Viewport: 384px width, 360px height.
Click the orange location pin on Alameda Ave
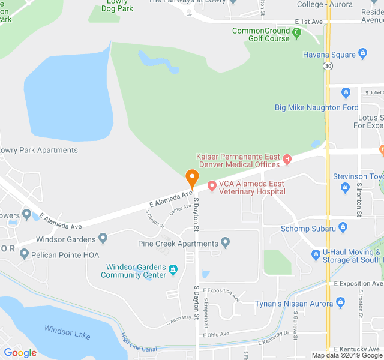click(x=192, y=178)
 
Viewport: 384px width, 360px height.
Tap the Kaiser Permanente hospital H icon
click(x=287, y=159)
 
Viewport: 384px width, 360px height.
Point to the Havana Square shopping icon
click(x=362, y=55)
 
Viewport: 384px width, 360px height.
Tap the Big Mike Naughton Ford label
click(x=316, y=107)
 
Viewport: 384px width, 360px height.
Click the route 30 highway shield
click(x=327, y=65)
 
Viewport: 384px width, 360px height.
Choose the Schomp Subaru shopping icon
click(x=343, y=227)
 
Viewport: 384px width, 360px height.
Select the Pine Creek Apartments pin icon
click(x=226, y=243)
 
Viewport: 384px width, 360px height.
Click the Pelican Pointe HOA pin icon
click(x=24, y=254)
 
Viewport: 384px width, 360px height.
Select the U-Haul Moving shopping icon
click(x=316, y=255)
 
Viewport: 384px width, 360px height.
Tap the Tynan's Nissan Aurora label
click(x=294, y=304)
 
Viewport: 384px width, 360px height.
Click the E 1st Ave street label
click(x=309, y=21)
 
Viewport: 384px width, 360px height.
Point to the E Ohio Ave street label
click(x=216, y=334)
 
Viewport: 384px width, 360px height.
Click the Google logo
click(x=20, y=353)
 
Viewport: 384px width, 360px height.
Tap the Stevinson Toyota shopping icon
click(x=345, y=188)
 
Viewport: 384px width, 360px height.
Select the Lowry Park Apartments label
click(x=38, y=150)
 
